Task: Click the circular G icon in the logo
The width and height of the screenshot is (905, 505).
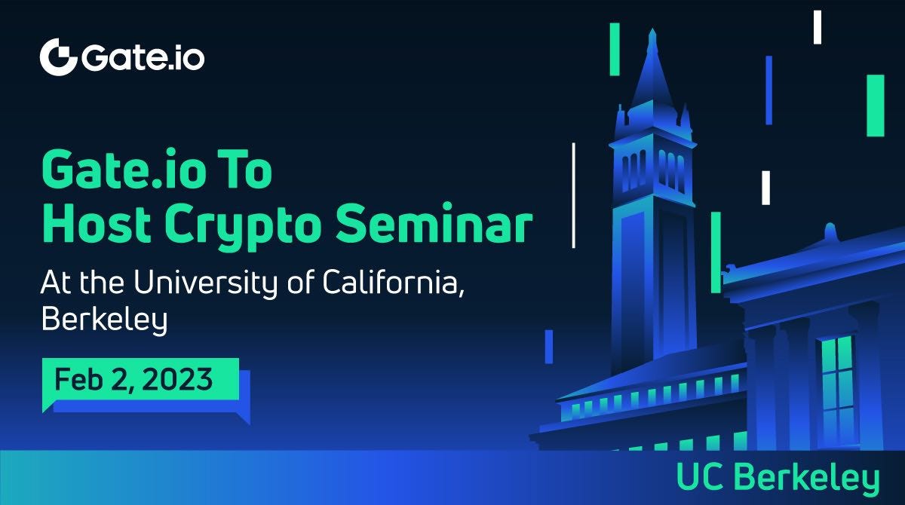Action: tap(59, 57)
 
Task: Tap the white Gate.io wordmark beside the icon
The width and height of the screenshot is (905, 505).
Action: tap(143, 58)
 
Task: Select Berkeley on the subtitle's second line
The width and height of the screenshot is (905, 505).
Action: tap(103, 320)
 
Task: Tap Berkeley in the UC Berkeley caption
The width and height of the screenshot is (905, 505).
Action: tap(806, 478)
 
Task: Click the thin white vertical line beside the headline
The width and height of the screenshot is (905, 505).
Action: tap(574, 194)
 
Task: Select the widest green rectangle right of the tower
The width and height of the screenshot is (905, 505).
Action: tap(875, 106)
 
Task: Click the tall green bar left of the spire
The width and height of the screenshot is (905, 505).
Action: tap(615, 49)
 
